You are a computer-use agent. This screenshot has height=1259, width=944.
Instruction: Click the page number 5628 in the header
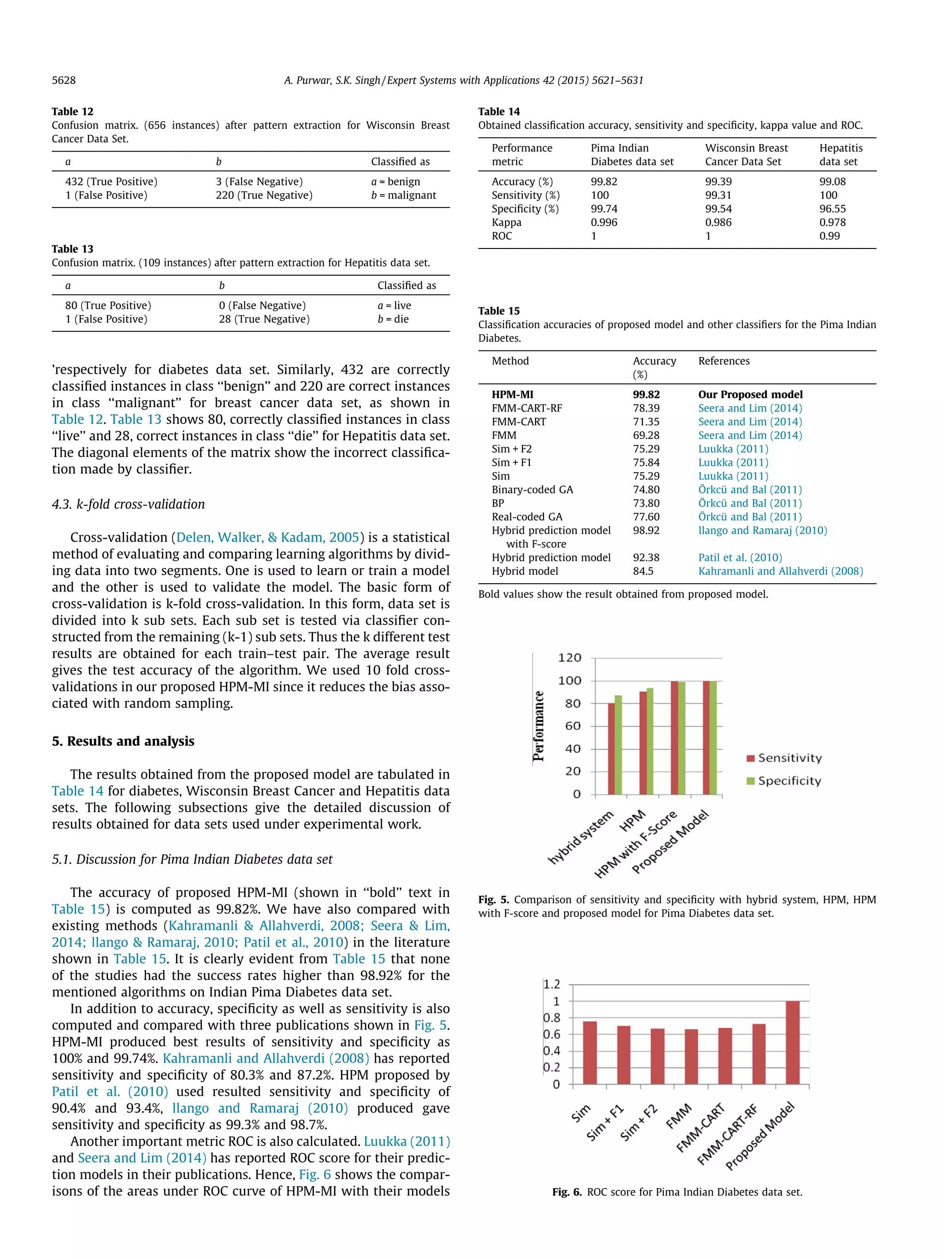(64, 80)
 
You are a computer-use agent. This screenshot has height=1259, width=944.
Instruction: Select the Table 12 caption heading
(72, 112)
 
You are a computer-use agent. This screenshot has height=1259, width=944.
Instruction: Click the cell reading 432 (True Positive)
(111, 182)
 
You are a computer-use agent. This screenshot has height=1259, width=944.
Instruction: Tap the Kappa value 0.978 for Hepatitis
(832, 223)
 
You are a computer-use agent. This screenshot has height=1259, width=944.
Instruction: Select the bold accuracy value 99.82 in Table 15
(646, 395)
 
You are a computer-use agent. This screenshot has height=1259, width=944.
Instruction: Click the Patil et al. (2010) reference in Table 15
(740, 557)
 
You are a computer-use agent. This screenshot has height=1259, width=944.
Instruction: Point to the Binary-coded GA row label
(532, 490)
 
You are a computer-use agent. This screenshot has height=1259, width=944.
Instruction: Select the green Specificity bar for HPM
(650, 741)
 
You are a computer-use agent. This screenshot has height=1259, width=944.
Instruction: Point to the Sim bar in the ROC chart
(590, 1052)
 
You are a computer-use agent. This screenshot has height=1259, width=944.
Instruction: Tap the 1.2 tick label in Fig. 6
(551, 984)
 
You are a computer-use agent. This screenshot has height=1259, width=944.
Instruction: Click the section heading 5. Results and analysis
(123, 741)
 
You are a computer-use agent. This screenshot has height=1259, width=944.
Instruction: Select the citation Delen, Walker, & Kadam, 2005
(267, 537)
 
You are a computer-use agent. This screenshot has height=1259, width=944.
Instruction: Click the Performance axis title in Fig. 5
(538, 726)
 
